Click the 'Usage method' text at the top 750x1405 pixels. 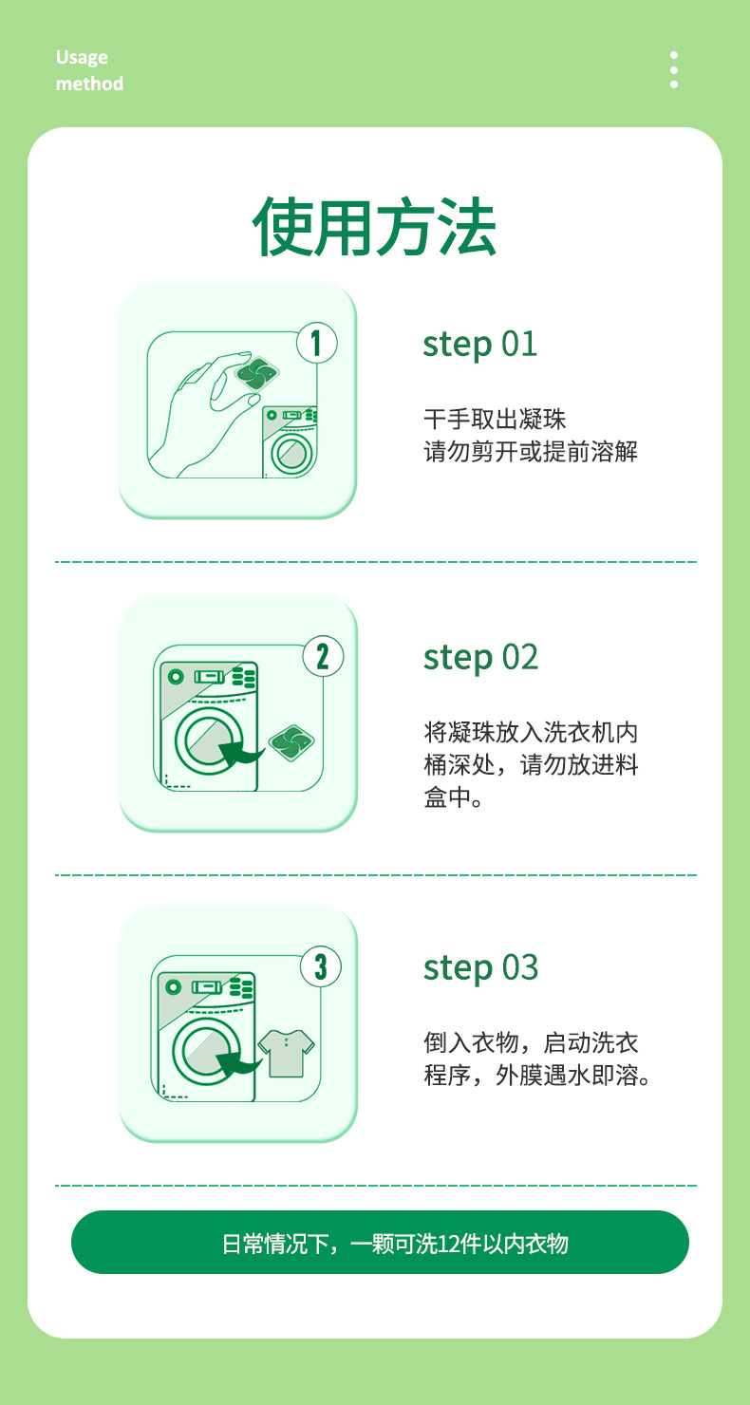(x=89, y=70)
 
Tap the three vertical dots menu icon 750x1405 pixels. (x=673, y=70)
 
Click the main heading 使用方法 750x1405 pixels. (x=374, y=228)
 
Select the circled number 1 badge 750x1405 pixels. (x=317, y=343)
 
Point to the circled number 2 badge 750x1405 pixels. (x=322, y=656)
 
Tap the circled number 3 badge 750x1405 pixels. (x=321, y=966)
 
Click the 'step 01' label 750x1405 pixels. (x=479, y=344)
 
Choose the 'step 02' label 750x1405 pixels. (x=480, y=657)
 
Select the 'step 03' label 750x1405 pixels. (x=480, y=968)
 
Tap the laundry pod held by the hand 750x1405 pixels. (x=255, y=375)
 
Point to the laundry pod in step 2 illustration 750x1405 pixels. (x=291, y=741)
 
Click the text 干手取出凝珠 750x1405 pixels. (x=495, y=419)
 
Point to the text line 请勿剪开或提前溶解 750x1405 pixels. (x=530, y=451)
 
